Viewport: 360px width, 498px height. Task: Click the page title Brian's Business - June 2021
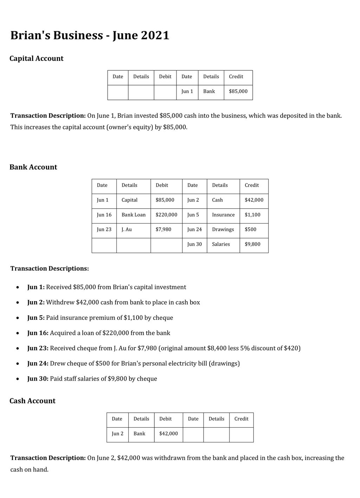click(x=90, y=35)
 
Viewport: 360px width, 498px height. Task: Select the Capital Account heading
click(x=36, y=59)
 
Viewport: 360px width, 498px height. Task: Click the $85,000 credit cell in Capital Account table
click(x=238, y=91)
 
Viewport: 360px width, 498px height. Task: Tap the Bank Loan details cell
click(x=133, y=215)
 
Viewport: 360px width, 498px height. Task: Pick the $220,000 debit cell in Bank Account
click(x=166, y=215)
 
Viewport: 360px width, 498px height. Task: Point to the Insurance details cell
click(x=223, y=215)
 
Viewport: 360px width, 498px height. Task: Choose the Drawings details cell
click(x=223, y=229)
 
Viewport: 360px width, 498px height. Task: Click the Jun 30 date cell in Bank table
click(x=194, y=244)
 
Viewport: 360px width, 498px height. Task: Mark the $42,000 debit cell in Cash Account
click(x=168, y=434)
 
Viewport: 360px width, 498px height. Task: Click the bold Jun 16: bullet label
click(x=38, y=333)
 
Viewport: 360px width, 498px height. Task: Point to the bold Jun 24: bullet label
click(x=38, y=363)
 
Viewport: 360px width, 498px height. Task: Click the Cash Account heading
click(x=32, y=401)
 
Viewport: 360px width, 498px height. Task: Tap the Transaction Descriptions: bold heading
click(x=50, y=269)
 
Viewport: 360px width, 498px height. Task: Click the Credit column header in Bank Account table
click(x=252, y=185)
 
